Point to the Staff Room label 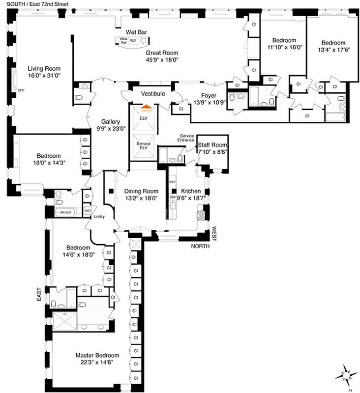click(x=212, y=145)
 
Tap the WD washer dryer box click(x=88, y=210)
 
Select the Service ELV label click(x=144, y=145)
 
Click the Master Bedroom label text click(x=97, y=355)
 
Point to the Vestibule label click(x=152, y=93)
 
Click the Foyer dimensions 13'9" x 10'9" click(x=209, y=102)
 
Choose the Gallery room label click(x=111, y=121)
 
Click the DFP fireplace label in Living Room click(x=21, y=90)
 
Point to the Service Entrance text click(x=186, y=138)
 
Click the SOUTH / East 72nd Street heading click(x=35, y=4)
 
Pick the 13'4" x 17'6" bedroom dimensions click(x=333, y=50)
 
